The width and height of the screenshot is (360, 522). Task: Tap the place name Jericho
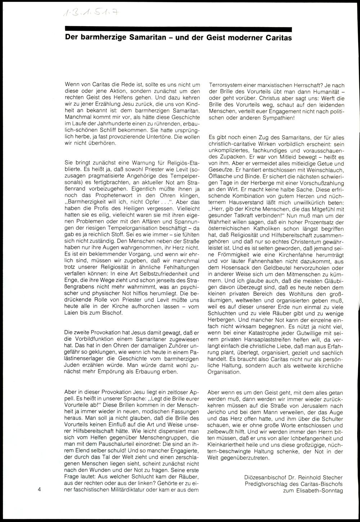pyautogui.click(x=218, y=410)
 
